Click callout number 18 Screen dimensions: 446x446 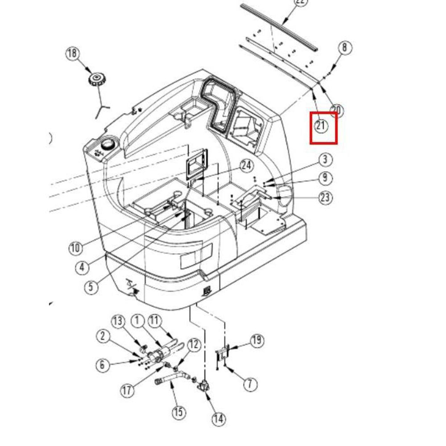click(x=72, y=54)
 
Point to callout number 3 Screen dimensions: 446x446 click(x=325, y=159)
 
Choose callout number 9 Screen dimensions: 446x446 click(x=325, y=178)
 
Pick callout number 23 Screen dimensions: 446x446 click(x=326, y=197)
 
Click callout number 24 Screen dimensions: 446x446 click(x=246, y=165)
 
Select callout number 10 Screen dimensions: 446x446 click(x=76, y=248)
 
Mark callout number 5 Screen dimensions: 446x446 click(x=91, y=286)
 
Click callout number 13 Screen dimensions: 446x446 click(x=118, y=321)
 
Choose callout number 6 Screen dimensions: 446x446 click(x=103, y=365)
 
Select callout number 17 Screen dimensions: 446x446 click(x=128, y=391)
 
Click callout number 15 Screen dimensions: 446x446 click(x=178, y=412)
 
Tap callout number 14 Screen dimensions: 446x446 click(x=218, y=418)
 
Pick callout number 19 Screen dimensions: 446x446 click(x=256, y=341)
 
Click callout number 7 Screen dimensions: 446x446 click(x=250, y=384)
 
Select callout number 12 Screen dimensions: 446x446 click(x=194, y=344)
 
